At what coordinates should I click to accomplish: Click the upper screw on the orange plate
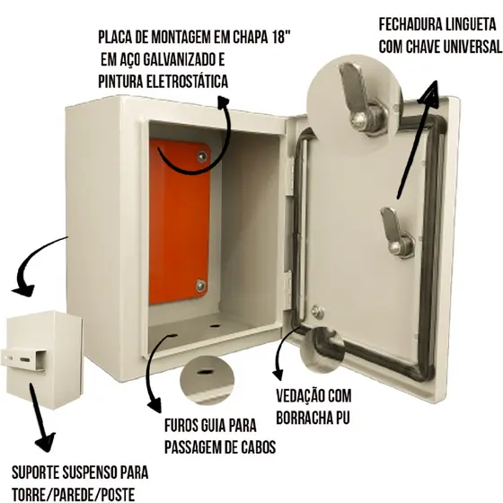coord(202,156)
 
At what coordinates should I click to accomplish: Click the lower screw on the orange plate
coord(200,286)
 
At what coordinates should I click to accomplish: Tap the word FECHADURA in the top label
coord(407,25)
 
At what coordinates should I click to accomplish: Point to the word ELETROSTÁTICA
coord(188,82)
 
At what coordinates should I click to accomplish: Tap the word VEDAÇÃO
coord(299,396)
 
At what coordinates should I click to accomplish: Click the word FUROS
coord(181,426)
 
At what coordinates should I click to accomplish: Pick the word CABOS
coord(258,447)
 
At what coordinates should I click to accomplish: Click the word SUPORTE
coord(36,472)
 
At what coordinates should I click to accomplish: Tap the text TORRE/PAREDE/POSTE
coord(73,495)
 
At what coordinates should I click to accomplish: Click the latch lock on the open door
coord(397,233)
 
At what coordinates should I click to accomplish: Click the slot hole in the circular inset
coord(205,372)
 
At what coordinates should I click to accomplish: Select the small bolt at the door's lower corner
coord(317,312)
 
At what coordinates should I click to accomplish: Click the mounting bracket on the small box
coord(24,359)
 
